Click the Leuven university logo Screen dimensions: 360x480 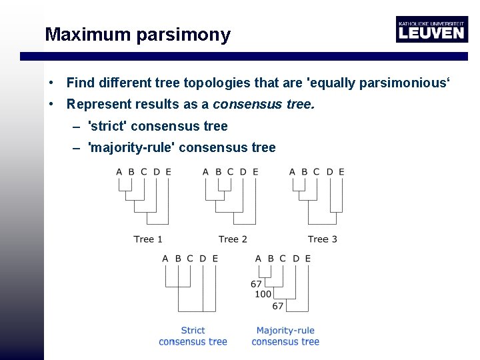point(431,29)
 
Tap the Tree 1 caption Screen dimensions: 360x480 point(148,239)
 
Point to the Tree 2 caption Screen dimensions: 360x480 point(233,239)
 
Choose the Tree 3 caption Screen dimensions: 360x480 point(322,239)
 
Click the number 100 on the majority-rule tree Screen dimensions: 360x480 point(263,294)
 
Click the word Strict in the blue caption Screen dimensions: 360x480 point(193,330)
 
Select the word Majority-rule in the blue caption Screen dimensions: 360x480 point(285,330)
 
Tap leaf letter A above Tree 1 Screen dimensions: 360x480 point(119,172)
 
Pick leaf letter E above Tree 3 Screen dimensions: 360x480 point(341,172)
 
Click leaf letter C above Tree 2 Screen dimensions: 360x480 point(230,172)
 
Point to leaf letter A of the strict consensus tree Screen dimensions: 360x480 point(165,258)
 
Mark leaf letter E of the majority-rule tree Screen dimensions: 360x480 point(307,258)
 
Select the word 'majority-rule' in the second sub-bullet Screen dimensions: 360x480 point(130,147)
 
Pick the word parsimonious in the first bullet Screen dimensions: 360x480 point(405,83)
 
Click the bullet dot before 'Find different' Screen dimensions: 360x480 point(51,83)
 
